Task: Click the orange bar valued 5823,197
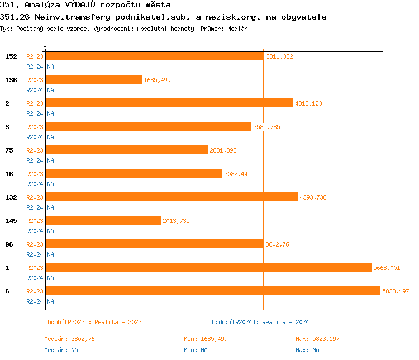click(213, 291)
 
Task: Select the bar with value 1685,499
click(94, 79)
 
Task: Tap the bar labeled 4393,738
click(172, 197)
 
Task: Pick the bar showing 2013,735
click(103, 220)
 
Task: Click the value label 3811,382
click(279, 56)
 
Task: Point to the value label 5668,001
click(387, 268)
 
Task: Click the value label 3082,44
click(236, 174)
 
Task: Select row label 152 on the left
click(11, 56)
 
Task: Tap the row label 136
click(11, 80)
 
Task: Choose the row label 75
click(9, 150)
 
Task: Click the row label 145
click(11, 221)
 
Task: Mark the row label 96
click(9, 244)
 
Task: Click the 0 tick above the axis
click(45, 45)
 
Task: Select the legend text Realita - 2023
click(118, 322)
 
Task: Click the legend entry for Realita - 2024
click(285, 322)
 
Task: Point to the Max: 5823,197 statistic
click(317, 339)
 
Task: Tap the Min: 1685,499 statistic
click(206, 339)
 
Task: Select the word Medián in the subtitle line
click(237, 28)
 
